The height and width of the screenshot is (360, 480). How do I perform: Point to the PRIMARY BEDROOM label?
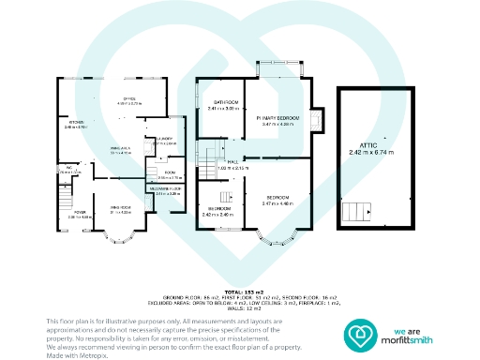tap(278, 117)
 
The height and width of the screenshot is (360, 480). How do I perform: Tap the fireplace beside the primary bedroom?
tap(315, 118)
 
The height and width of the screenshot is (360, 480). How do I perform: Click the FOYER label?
tap(81, 211)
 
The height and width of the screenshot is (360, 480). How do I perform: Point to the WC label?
tap(68, 170)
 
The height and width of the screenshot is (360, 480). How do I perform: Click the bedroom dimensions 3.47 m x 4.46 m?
tap(279, 202)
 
